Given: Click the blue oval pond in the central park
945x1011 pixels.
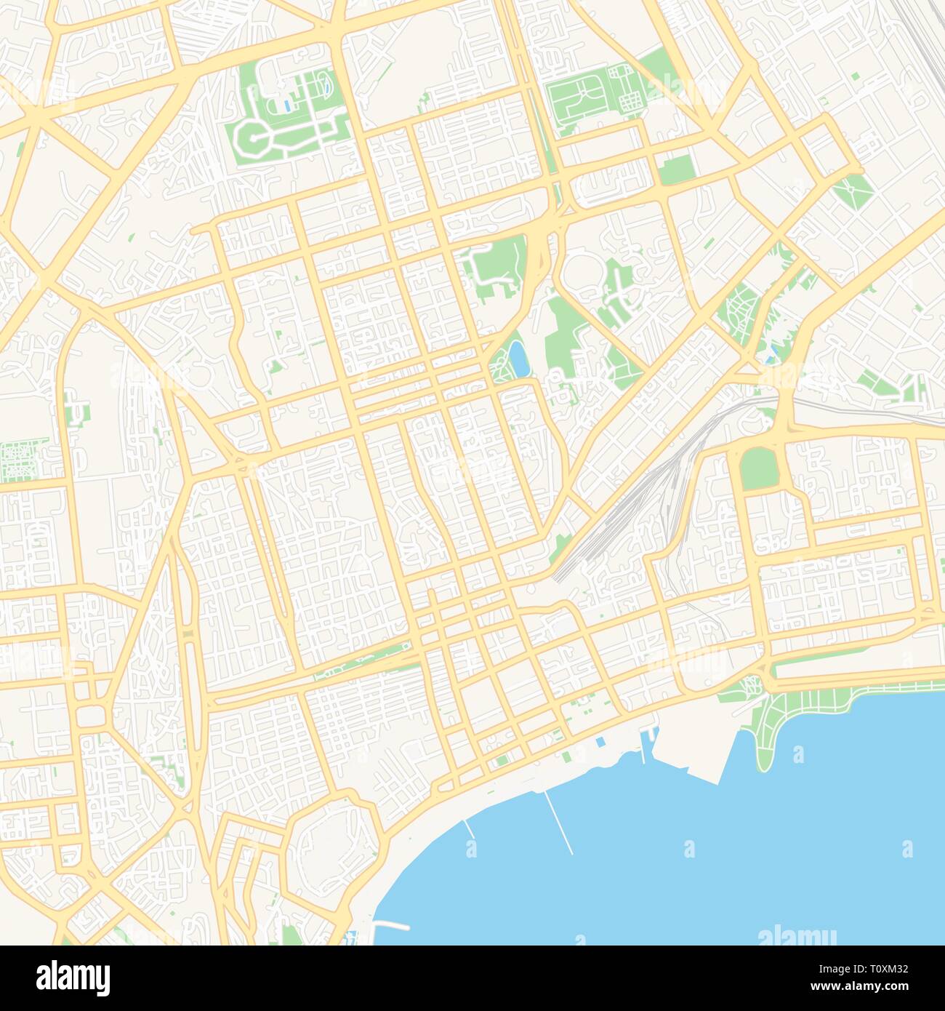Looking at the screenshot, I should point(520,359).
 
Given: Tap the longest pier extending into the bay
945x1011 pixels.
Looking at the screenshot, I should point(559,822).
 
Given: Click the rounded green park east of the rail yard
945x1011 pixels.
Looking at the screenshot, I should point(759,467).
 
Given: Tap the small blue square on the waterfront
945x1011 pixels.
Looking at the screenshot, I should point(599,743).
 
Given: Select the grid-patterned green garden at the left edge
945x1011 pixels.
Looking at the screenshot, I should point(24,461).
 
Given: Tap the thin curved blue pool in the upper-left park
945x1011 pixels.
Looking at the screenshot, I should point(324,89).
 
